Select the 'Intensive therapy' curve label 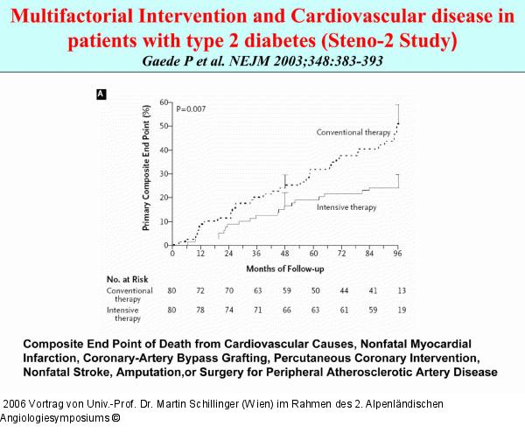point(346,207)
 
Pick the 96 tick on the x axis point(397,253)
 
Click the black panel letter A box point(101,94)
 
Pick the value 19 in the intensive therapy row point(399,310)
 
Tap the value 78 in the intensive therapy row point(202,310)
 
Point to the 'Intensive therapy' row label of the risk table point(123,314)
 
